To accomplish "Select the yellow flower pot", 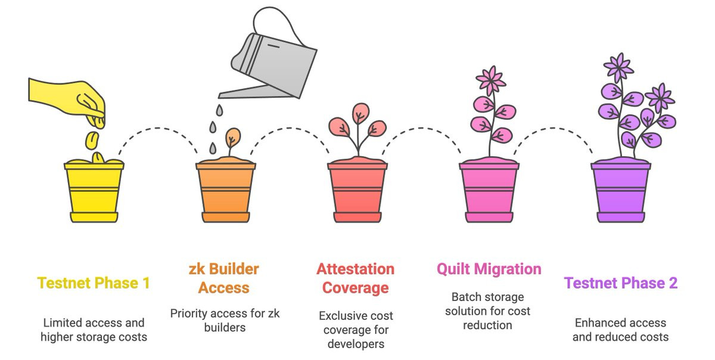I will point(94,191).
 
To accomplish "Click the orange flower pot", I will point(226,191).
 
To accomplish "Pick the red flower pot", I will point(357,191).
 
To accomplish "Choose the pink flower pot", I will point(489,191).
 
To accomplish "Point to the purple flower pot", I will point(621,191).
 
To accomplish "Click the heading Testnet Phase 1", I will point(94,283).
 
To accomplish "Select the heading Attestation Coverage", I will point(355,278).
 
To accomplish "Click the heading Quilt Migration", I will point(489,269).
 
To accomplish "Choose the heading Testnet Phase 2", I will point(621,283).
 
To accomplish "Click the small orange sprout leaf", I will point(233,136).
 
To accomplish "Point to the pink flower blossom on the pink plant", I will point(490,80).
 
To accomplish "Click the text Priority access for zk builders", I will point(225,320).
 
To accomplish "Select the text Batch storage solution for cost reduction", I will point(487,311).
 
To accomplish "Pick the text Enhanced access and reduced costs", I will point(620,330).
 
